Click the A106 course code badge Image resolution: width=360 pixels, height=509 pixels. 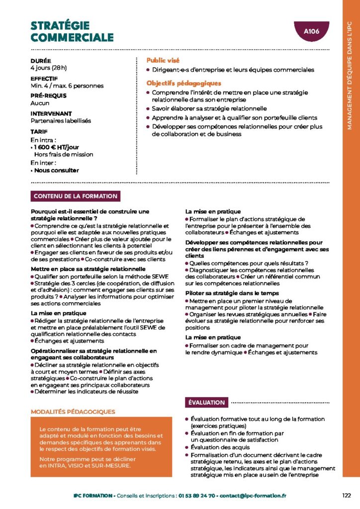click(311, 31)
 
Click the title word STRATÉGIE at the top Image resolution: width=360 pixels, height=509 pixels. click(60, 26)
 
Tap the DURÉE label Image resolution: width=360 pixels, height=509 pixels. click(41, 61)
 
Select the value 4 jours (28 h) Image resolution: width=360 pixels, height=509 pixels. click(49, 68)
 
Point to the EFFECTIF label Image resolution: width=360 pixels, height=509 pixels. click(44, 79)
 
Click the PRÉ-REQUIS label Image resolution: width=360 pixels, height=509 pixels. click(48, 96)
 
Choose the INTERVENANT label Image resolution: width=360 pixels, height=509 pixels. click(51, 113)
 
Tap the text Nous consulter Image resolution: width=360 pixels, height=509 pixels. click(56, 170)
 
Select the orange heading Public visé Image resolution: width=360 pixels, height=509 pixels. click(163, 60)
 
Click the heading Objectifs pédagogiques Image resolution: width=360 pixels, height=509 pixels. click(183, 83)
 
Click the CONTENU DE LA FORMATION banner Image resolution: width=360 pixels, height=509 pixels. click(75, 196)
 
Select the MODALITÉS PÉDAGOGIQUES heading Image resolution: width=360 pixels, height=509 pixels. click(73, 412)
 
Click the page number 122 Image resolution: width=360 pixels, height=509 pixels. click(347, 495)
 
